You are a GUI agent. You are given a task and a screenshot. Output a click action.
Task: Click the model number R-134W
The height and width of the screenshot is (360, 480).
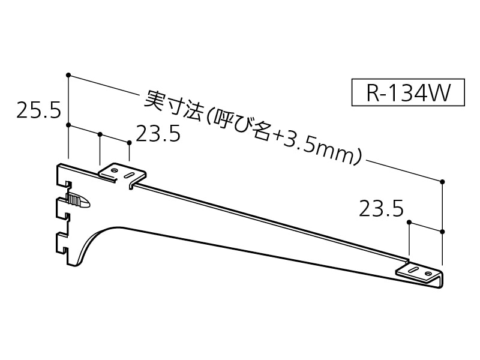(408, 93)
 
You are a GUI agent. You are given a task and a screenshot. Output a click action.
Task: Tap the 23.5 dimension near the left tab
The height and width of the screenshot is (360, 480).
(158, 134)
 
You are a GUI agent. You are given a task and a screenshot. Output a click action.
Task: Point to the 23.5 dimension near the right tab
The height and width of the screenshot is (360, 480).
(381, 209)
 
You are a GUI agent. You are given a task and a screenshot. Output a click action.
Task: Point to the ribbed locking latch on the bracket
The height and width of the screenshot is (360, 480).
(78, 200)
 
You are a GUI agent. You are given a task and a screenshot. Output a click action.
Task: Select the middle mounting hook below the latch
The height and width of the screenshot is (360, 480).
(62, 209)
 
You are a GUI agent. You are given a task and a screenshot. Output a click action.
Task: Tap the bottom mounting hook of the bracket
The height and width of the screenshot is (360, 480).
(62, 242)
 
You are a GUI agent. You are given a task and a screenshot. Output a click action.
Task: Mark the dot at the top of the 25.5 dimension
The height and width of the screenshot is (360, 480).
(69, 75)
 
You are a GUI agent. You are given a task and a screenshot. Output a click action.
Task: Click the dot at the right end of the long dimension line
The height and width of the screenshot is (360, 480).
(442, 181)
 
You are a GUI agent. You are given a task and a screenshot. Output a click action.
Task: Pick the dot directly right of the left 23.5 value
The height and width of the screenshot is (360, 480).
(129, 142)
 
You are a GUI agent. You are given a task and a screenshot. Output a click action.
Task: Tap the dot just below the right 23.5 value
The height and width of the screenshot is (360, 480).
(409, 223)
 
